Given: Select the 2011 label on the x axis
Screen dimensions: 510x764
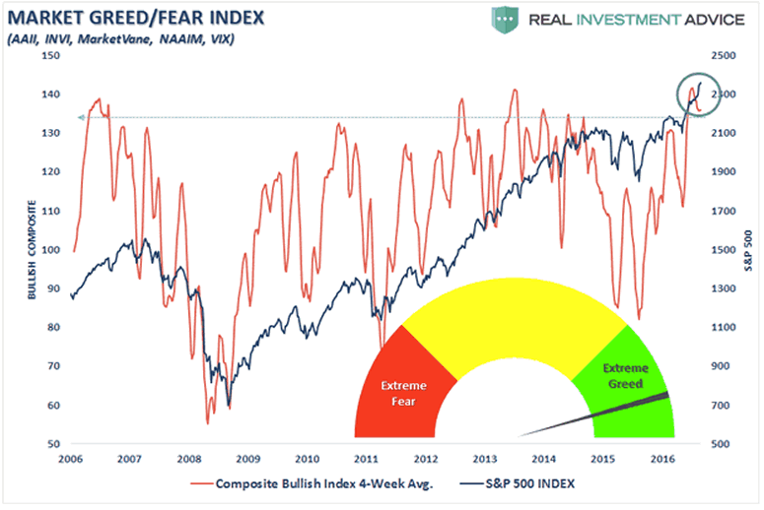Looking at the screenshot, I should (366, 459).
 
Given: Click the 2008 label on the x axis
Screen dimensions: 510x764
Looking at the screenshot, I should (189, 459).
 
